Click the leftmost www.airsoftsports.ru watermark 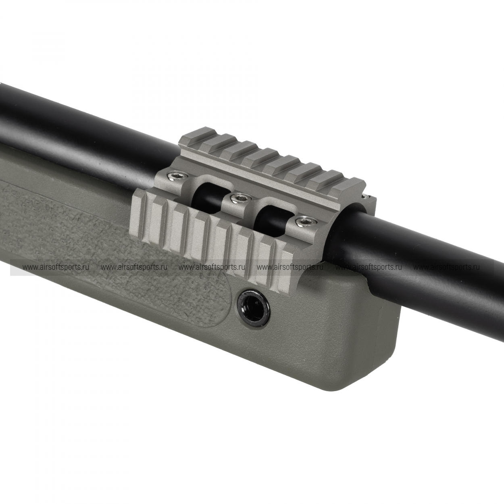tap(56, 267)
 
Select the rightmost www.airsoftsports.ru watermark tap(447, 267)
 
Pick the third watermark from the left tap(212, 267)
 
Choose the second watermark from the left tap(134, 267)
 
